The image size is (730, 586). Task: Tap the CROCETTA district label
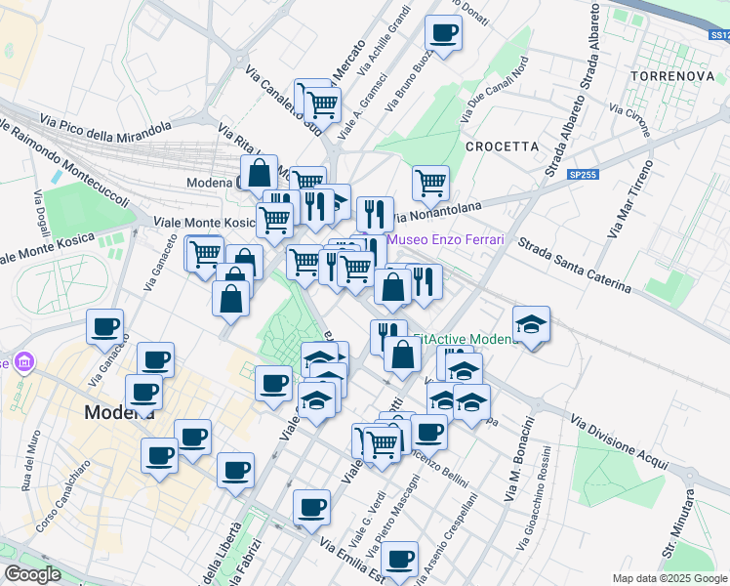tap(502, 146)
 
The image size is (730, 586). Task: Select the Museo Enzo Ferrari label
tap(444, 240)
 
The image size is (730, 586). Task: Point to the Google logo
tap(32, 574)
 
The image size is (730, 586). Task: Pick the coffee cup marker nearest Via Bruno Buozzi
tap(443, 32)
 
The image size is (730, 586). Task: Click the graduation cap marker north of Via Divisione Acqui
tap(531, 324)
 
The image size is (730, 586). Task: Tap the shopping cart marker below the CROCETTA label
tap(430, 182)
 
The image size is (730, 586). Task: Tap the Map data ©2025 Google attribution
tap(669, 578)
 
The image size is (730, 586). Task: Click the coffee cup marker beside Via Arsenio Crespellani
tap(398, 559)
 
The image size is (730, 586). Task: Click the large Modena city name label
tap(119, 412)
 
